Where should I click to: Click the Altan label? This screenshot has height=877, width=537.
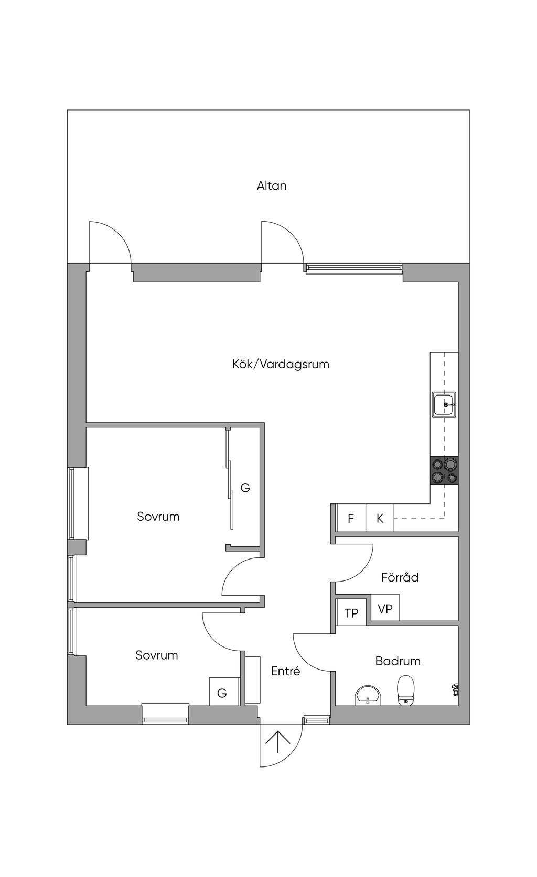click(x=271, y=185)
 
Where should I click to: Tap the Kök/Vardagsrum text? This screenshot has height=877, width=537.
click(x=281, y=364)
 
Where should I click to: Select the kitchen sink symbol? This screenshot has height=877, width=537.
click(x=444, y=404)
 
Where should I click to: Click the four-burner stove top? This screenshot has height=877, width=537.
click(x=444, y=470)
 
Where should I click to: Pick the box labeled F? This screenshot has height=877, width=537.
click(x=351, y=518)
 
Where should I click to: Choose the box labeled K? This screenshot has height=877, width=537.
click(x=380, y=518)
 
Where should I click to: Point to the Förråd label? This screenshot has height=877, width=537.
click(x=400, y=577)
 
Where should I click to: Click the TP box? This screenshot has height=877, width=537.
click(x=351, y=612)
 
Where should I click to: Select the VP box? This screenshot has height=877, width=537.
click(x=385, y=609)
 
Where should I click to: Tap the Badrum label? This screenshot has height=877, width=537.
click(x=398, y=661)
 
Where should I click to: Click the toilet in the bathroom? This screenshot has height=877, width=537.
click(x=406, y=690)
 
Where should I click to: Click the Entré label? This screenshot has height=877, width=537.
click(x=285, y=671)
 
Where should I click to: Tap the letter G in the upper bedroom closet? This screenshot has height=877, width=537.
click(x=245, y=488)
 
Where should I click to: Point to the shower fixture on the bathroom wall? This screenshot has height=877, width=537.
click(x=455, y=689)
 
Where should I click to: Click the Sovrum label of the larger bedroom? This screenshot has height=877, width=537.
click(x=158, y=517)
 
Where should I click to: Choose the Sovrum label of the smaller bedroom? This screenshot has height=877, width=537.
click(x=156, y=655)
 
